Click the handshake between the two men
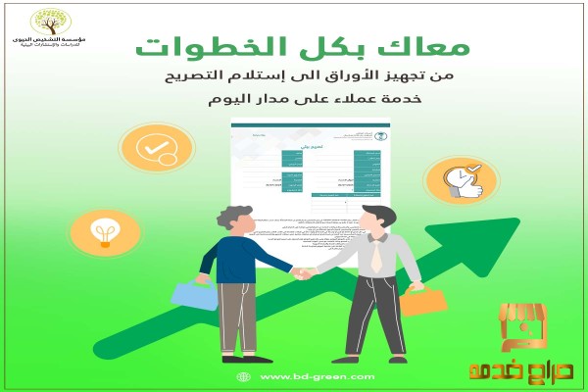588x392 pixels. tap(301, 273)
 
